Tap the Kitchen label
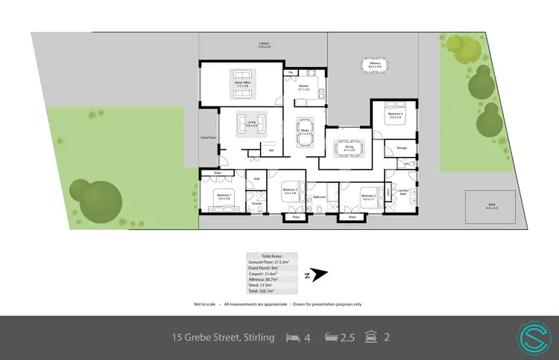[x=304, y=88]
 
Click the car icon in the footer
[x=370, y=338]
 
